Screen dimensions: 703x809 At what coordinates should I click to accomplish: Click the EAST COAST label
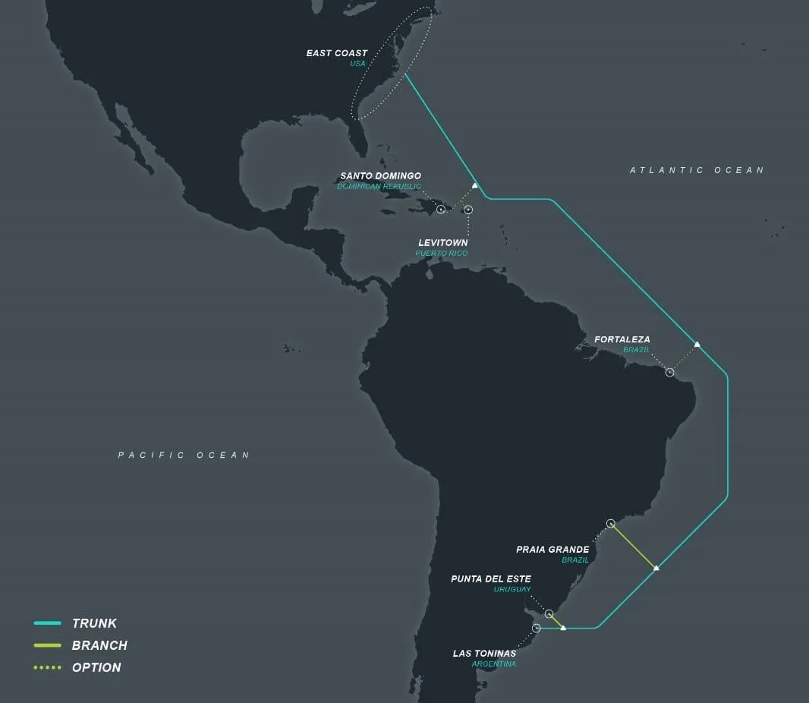pos(336,53)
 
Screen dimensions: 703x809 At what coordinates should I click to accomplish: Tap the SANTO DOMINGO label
pos(380,176)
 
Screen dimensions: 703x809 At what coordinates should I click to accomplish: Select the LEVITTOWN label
pos(442,243)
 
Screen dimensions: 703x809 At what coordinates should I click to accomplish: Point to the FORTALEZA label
pos(622,339)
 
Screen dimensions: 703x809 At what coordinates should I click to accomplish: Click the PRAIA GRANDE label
pos(552,550)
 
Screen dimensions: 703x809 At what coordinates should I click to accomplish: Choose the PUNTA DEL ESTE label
pos(490,579)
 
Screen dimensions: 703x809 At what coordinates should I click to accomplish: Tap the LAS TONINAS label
pos(484,654)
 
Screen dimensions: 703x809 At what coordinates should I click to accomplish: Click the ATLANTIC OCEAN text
pos(697,171)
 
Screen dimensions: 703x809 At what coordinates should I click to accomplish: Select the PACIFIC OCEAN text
pos(184,455)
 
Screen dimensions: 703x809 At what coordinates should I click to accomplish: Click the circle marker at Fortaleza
pos(669,372)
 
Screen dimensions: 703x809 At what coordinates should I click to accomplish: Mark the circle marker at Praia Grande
pos(610,523)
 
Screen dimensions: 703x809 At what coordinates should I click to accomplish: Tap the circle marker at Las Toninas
pos(537,628)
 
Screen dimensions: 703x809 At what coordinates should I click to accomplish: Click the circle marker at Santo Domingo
pos(441,209)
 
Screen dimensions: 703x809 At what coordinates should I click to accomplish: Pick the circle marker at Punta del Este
pos(549,613)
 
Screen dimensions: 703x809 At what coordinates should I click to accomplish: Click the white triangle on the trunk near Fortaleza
pos(697,345)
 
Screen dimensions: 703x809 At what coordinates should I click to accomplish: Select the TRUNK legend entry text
pos(94,623)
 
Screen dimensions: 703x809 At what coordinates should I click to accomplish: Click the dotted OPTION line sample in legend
pos(47,667)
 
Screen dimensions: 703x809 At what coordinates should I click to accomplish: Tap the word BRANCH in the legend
pos(99,645)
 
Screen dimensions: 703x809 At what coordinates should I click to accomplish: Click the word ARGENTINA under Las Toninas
pos(493,664)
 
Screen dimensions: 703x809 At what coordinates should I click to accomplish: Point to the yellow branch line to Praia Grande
pos(633,545)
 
